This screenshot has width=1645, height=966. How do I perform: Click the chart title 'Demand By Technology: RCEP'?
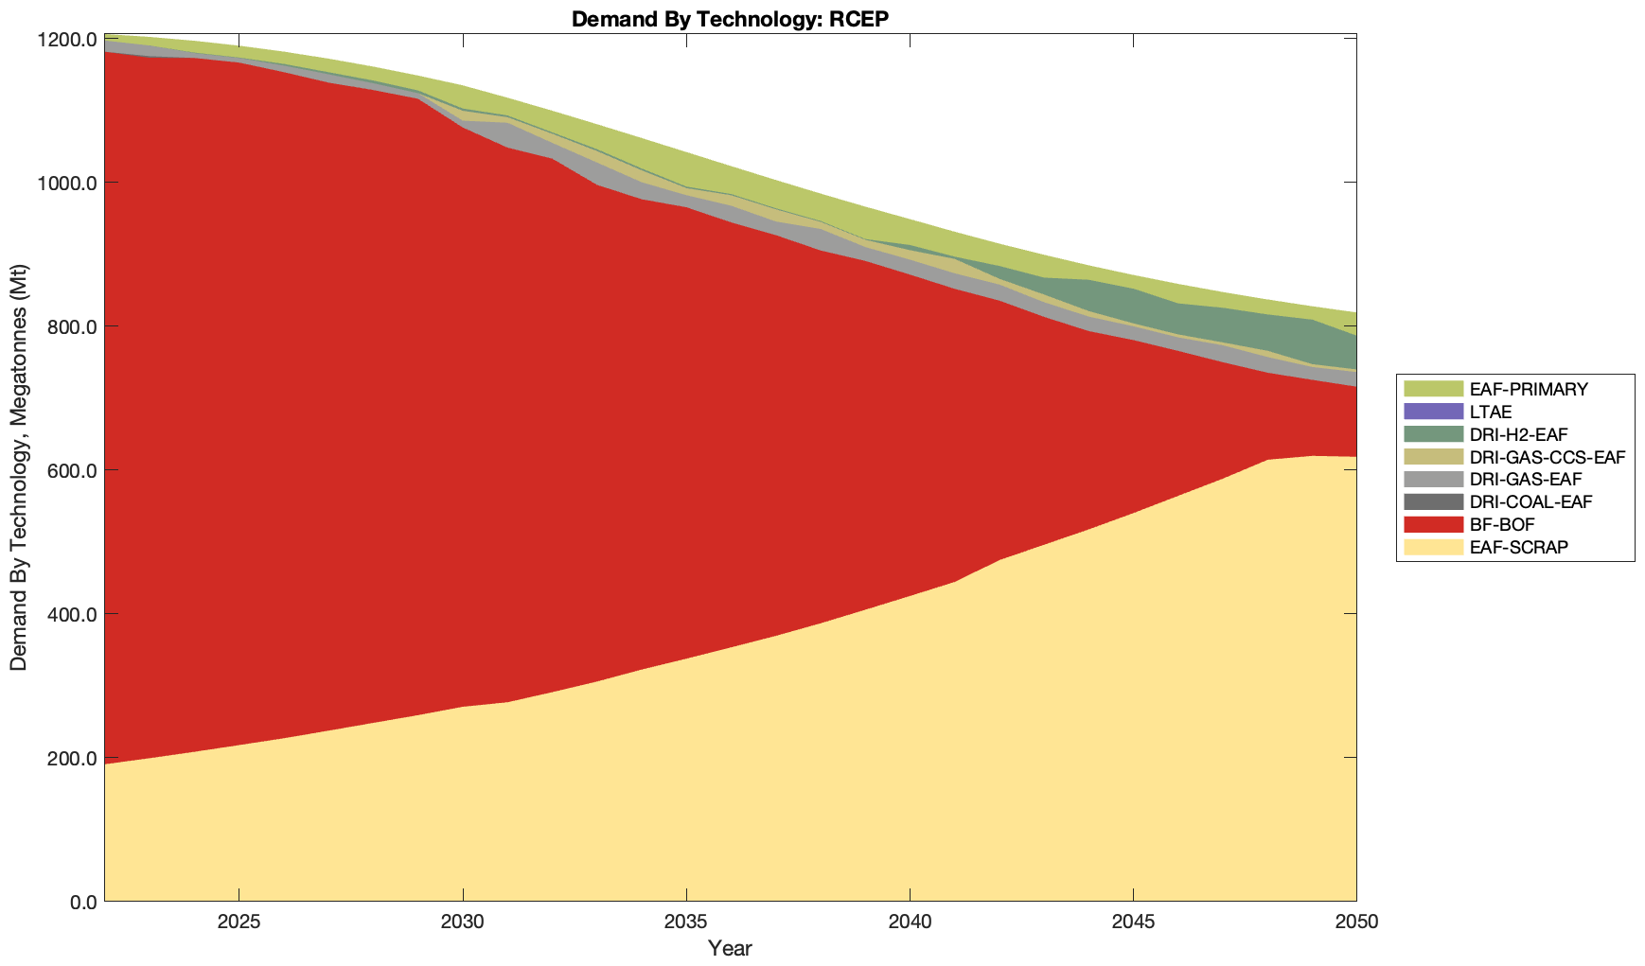pos(730,19)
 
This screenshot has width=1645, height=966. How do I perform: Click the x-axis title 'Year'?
pos(730,948)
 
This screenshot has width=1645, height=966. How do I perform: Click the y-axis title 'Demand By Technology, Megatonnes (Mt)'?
pos(18,469)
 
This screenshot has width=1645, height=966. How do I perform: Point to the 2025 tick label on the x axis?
pos(239,922)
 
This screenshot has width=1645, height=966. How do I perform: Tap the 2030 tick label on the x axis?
pos(463,922)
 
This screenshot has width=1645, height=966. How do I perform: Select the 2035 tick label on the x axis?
pos(686,922)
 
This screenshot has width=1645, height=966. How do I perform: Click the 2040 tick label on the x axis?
pos(910,922)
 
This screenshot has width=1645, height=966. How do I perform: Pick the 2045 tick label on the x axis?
pos(1133,922)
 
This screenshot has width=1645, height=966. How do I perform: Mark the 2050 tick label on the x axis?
pos(1355,922)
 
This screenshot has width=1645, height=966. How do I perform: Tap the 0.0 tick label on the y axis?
pos(84,902)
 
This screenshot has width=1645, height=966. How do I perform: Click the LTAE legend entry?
pos(1491,412)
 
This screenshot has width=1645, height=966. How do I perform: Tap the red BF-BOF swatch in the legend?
pos(1433,524)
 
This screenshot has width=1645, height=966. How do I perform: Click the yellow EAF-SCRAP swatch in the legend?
pos(1433,547)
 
